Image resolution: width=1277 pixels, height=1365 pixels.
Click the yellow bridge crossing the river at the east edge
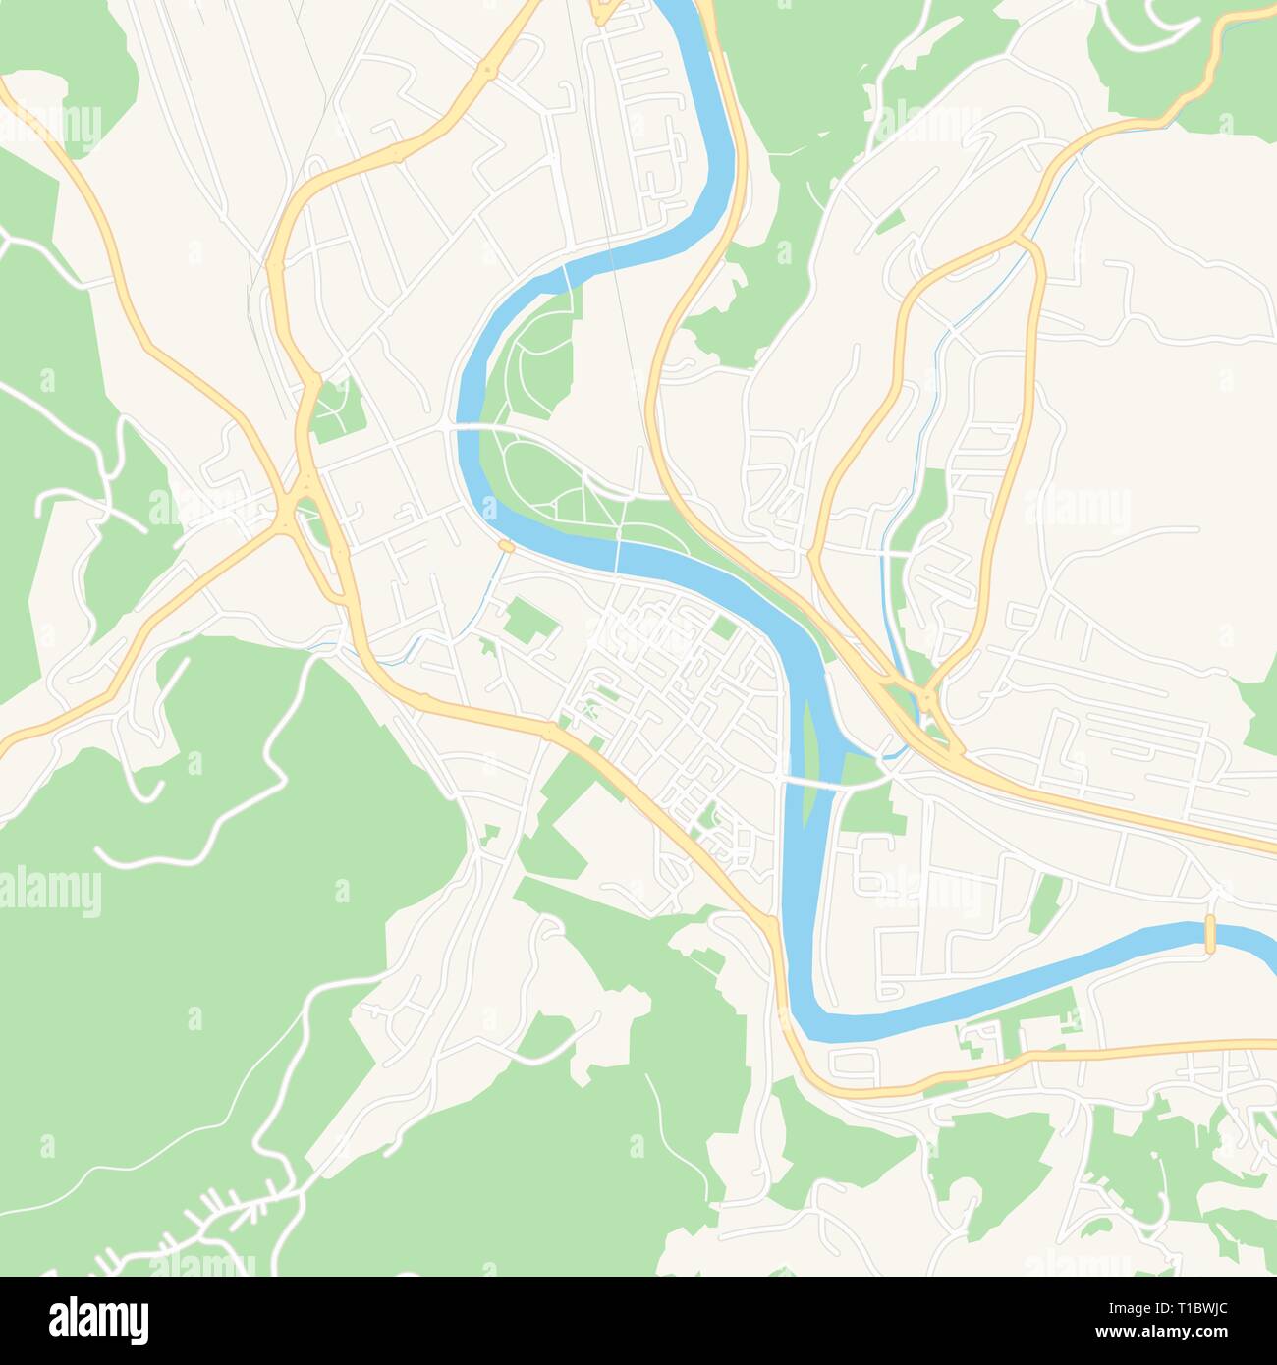tap(1210, 934)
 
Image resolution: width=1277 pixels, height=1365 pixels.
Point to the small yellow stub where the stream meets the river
tap(507, 546)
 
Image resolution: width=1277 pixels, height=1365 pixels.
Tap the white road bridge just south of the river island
tap(812, 783)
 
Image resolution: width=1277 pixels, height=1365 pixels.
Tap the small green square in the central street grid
tap(724, 628)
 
